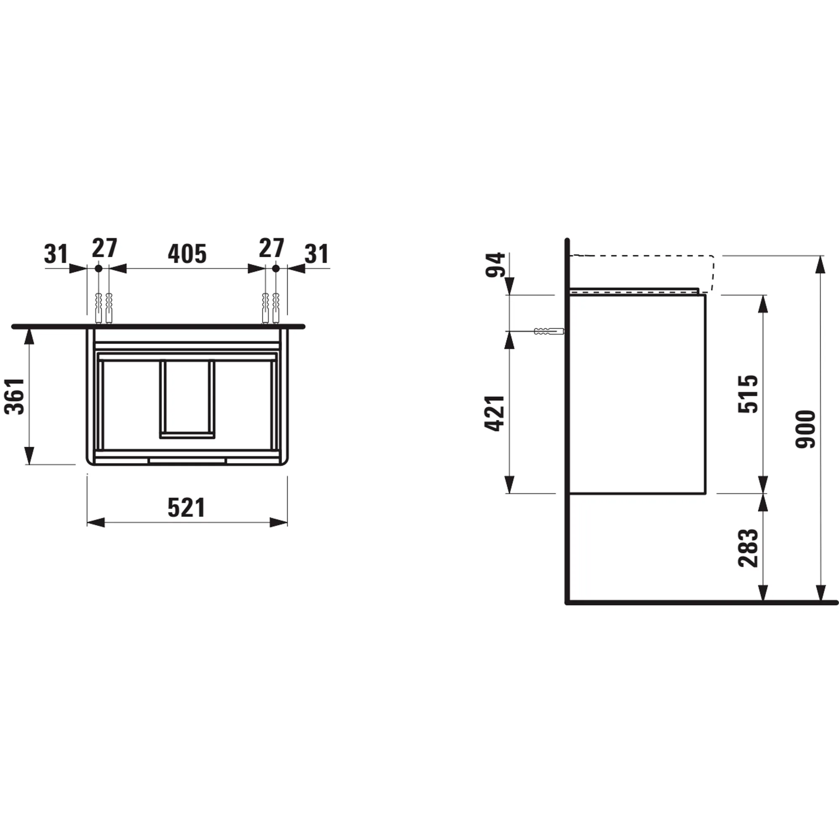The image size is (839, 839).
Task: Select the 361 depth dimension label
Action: coord(15,396)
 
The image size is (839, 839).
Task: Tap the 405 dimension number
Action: coord(187,254)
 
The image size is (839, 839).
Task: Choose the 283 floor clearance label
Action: coord(748,548)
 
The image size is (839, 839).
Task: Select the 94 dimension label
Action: coord(495,264)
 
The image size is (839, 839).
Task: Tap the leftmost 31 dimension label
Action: coord(56,254)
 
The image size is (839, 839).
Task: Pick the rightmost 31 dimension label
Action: coord(317,254)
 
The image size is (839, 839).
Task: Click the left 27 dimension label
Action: coord(104,248)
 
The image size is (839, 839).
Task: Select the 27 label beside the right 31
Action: coord(271,248)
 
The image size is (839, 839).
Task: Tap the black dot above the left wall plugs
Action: coord(99,269)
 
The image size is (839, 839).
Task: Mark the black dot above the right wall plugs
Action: coord(276,269)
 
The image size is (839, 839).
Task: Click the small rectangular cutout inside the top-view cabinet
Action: coord(187,399)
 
